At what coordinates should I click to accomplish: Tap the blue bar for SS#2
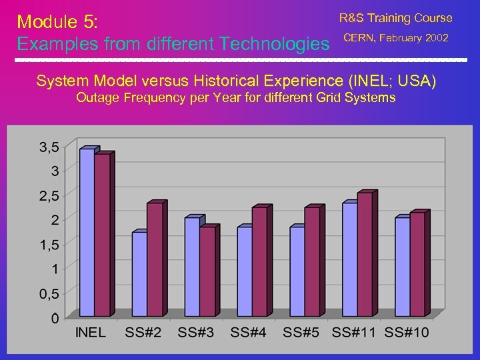point(139,273)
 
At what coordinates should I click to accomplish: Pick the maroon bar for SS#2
point(154,259)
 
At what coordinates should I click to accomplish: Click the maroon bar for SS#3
point(207,271)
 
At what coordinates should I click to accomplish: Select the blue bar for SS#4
point(244,271)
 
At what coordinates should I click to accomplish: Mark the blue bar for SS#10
point(401,267)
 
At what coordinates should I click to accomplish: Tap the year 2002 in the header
point(436,38)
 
